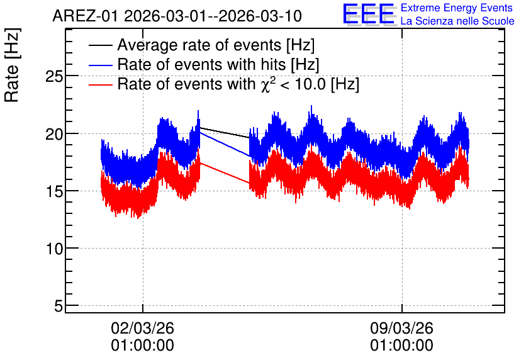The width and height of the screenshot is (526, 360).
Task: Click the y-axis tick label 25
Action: [x=54, y=77]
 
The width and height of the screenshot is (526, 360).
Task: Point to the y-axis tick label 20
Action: [x=54, y=134]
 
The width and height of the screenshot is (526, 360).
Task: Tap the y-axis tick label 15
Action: [x=54, y=191]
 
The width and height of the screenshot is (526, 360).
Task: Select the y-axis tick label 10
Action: [x=54, y=249]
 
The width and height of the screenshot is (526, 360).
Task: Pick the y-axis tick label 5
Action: [x=59, y=306]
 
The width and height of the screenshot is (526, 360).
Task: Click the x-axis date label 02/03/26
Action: [x=143, y=328]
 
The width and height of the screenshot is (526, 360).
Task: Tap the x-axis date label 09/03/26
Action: [x=401, y=328]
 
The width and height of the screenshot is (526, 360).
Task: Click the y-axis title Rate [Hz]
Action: [x=13, y=65]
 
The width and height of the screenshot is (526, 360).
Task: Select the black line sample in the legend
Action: [x=100, y=45]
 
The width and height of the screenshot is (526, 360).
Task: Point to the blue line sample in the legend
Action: [x=100, y=65]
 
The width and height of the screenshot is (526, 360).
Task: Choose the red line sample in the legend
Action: [x=100, y=84]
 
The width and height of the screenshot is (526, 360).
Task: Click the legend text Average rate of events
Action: [x=199, y=45]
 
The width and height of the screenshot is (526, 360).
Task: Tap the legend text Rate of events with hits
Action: [x=201, y=64]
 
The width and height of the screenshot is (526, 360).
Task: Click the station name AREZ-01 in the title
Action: [x=85, y=16]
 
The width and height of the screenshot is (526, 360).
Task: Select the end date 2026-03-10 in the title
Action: [x=260, y=16]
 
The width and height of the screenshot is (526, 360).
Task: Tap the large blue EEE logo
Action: [x=368, y=14]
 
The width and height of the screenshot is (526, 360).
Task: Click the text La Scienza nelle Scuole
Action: [x=457, y=21]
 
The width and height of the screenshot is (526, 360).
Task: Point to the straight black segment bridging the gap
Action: [x=225, y=133]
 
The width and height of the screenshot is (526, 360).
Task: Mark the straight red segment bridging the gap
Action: [x=225, y=173]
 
